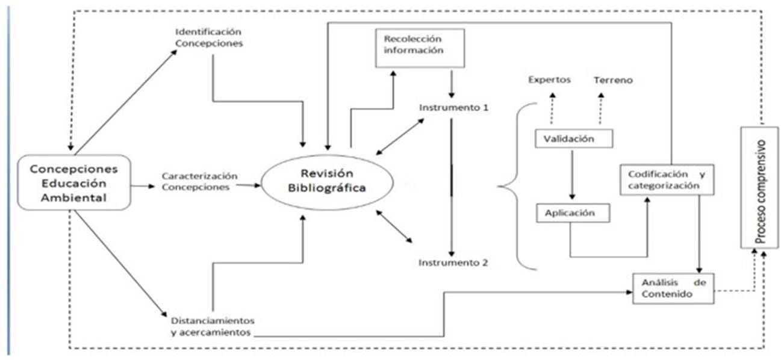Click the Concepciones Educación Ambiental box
73,182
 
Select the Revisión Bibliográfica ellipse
326,182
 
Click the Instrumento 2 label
453,262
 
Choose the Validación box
573,138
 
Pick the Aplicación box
573,213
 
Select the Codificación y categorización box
666,179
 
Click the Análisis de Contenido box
673,288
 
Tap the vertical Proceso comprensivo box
761,187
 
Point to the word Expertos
549,79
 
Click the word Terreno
613,79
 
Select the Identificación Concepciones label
209,37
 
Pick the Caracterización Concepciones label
199,181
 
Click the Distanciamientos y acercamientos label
211,326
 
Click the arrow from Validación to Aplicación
573,174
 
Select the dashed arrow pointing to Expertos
552,108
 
